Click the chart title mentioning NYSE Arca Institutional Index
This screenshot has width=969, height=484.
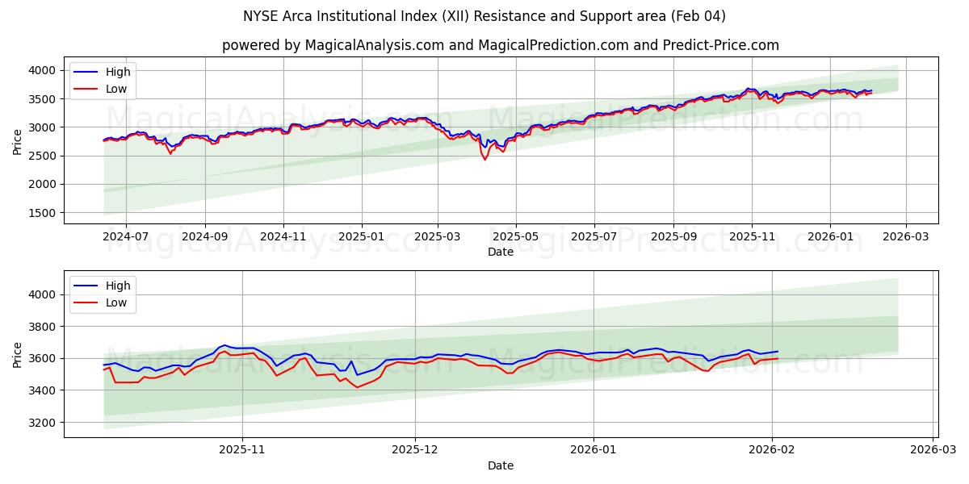(484, 16)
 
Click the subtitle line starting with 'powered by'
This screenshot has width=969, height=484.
(501, 45)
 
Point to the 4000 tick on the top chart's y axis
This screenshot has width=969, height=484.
(44, 71)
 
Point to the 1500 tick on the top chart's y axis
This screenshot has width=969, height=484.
(44, 213)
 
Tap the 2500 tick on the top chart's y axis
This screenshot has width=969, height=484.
(44, 156)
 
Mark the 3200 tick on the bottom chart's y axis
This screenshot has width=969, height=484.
(44, 422)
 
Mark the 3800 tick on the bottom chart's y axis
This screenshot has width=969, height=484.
(44, 327)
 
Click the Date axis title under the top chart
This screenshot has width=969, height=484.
(501, 252)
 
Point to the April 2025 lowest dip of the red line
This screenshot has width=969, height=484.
(485, 160)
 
